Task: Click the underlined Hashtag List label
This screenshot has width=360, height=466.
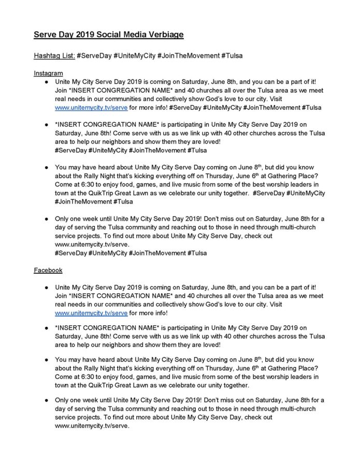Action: [x=54, y=55]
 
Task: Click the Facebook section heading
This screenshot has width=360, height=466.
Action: [x=48, y=270]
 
